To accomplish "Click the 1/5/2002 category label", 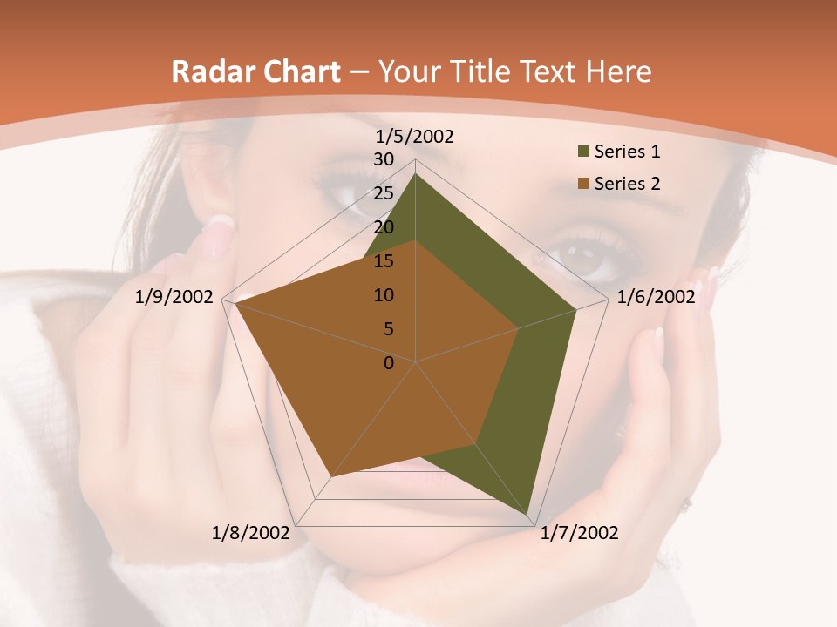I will click(x=415, y=136).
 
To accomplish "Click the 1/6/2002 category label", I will click(x=656, y=297).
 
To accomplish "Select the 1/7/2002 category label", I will click(x=579, y=533).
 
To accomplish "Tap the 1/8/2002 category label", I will click(x=251, y=533).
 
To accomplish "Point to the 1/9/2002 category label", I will click(x=174, y=297).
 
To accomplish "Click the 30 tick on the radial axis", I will click(x=384, y=159).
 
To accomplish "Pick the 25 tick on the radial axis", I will click(x=384, y=193).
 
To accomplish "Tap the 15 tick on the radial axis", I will click(x=384, y=261).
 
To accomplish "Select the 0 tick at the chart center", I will click(x=389, y=363).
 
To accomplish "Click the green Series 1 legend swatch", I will click(x=582, y=152).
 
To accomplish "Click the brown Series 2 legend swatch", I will click(x=582, y=184).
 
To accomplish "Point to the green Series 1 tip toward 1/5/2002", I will click(x=415, y=174).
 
